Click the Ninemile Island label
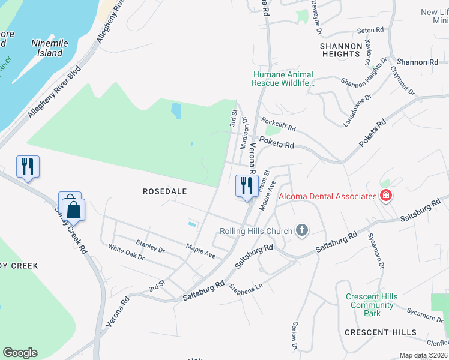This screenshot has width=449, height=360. tap(47, 48)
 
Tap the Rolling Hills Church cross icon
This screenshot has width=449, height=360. tap(302, 231)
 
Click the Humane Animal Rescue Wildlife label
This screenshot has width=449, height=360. tap(283, 79)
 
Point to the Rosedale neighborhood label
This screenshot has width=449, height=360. tap(165, 191)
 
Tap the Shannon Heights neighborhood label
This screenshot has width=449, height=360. tap(340, 50)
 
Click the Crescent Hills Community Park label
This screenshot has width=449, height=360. tap(372, 305)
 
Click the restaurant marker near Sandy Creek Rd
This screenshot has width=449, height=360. tap(28, 167)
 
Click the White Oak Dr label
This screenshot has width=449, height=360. tap(127, 252)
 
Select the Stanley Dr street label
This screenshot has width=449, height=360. tap(150, 246)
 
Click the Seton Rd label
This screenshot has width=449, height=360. tap(370, 30)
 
